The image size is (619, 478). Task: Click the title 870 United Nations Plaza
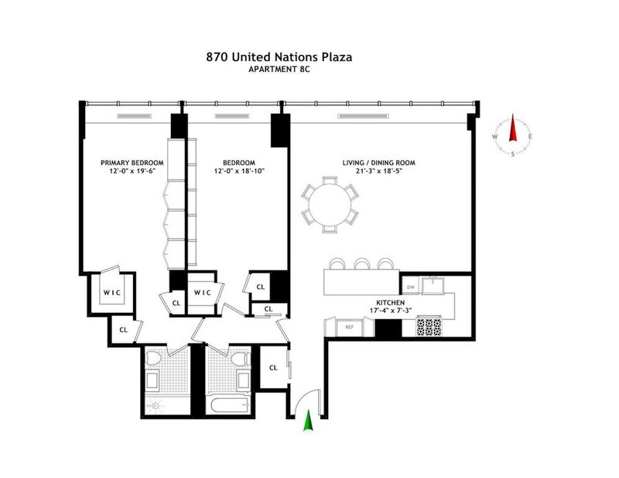click(x=279, y=57)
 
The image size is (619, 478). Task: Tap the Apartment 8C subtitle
click(x=279, y=70)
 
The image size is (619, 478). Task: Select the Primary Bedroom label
click(x=132, y=163)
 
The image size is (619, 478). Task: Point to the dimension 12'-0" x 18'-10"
click(x=239, y=171)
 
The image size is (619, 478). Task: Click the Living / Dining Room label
click(x=378, y=163)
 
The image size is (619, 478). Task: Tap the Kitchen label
click(x=390, y=303)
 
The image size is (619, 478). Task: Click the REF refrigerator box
click(x=349, y=328)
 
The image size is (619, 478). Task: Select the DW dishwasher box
click(x=411, y=287)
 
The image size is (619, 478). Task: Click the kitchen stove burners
click(x=429, y=328)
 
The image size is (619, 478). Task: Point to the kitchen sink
click(x=433, y=285)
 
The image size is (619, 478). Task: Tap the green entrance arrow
click(x=308, y=420)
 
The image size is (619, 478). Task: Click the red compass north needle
click(x=513, y=127)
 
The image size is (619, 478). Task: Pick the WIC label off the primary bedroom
click(x=112, y=293)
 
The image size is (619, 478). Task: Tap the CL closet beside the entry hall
click(x=273, y=368)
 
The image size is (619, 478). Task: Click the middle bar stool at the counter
click(x=361, y=263)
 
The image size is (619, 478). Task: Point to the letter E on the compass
click(x=531, y=136)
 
